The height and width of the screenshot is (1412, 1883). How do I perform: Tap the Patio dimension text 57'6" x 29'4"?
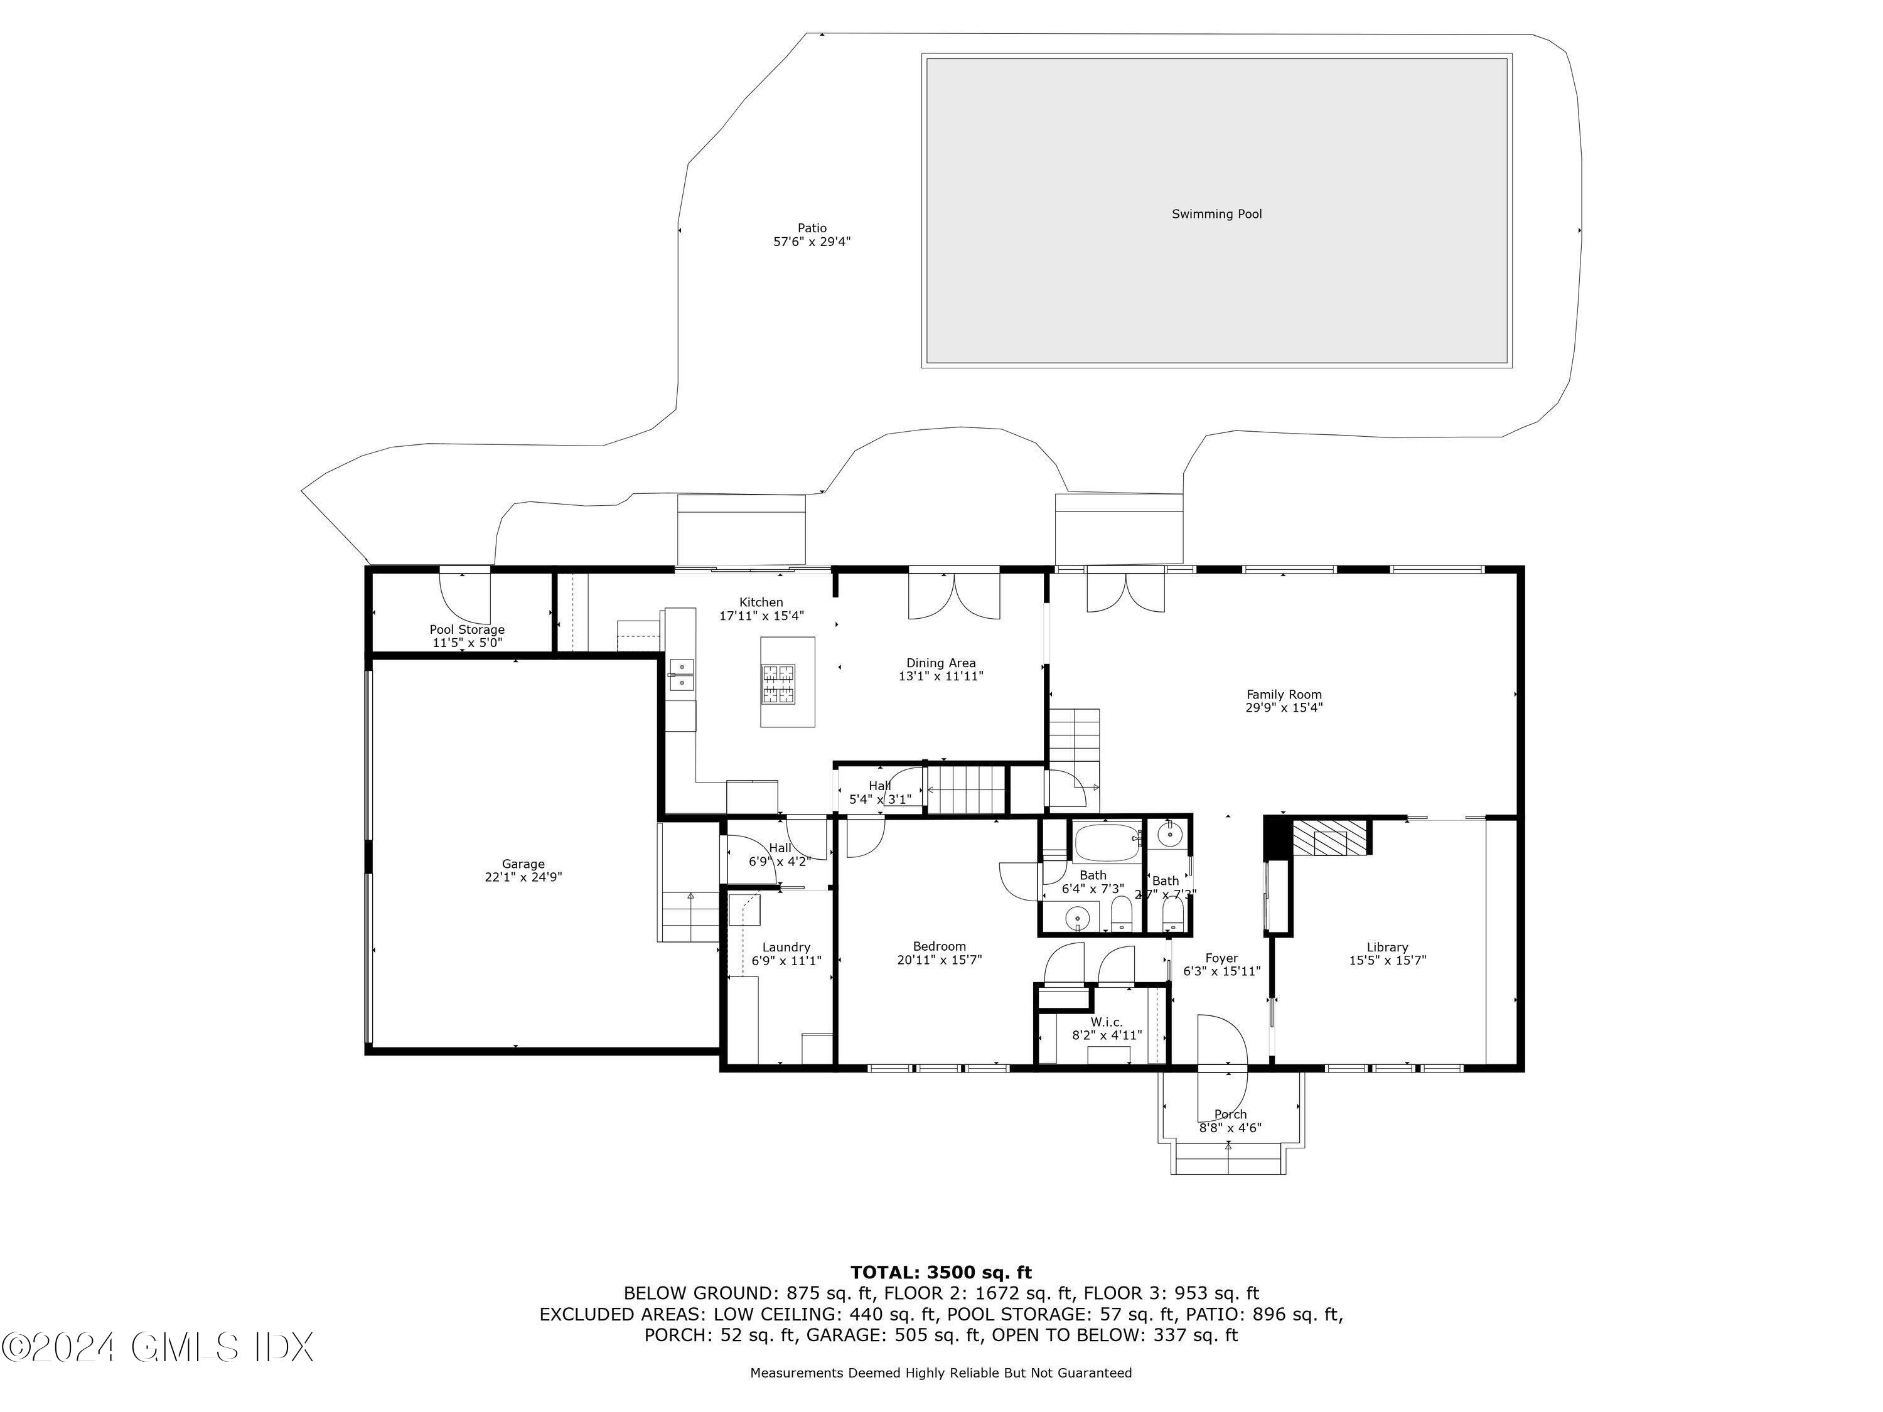[811, 242]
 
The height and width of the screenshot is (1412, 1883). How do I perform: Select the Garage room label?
[523, 864]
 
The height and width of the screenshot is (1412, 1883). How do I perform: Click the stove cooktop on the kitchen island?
[779, 686]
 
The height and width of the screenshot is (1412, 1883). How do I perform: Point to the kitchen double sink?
[682, 674]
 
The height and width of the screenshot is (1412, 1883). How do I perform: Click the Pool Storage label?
[466, 630]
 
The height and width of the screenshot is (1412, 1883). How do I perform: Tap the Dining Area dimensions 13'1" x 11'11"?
[941, 677]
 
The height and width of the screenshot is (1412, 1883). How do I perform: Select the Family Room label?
[1284, 695]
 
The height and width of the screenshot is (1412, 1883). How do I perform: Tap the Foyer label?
[1221, 958]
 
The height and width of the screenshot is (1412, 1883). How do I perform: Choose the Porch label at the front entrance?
[1230, 1114]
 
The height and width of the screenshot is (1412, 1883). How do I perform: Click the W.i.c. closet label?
[1107, 1022]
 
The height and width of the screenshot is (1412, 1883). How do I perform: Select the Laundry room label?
[786, 947]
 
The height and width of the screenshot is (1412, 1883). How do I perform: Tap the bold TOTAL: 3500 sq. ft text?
[941, 1273]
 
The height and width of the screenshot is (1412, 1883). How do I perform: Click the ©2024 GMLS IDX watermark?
[158, 1347]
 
